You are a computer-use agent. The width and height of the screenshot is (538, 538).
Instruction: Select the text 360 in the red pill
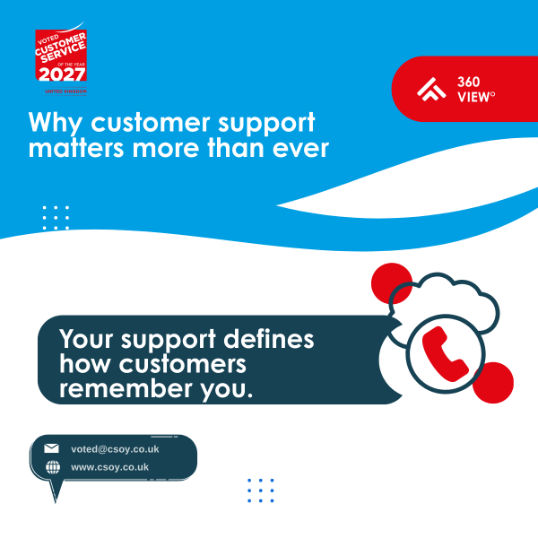pos(468,81)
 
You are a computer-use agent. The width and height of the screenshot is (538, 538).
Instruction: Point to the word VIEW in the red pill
pos(474,97)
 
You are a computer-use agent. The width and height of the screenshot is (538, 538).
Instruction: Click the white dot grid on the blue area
pos(56,218)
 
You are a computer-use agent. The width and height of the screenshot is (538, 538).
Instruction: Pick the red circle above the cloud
pos(390,281)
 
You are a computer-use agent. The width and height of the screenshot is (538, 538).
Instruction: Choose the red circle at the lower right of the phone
pos(492,381)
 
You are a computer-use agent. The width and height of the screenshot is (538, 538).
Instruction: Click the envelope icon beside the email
pos(51,448)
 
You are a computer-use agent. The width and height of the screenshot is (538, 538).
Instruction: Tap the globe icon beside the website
pos(51,467)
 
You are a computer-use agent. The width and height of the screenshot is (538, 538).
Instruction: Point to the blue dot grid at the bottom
pos(260,490)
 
